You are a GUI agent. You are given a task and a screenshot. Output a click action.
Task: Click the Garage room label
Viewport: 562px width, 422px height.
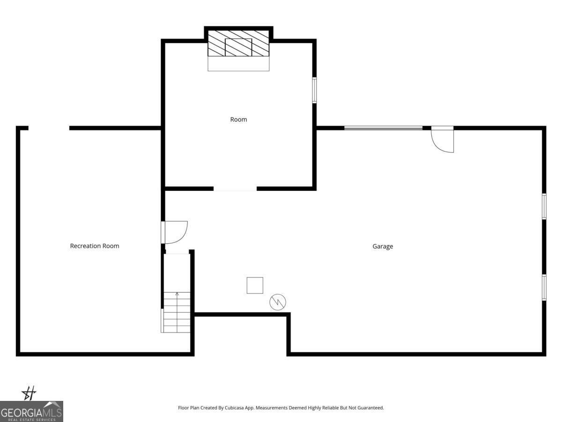click(383, 246)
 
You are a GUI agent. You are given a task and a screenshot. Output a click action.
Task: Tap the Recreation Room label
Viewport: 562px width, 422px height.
click(95, 246)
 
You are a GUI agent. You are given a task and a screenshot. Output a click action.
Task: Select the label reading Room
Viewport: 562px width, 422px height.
click(238, 120)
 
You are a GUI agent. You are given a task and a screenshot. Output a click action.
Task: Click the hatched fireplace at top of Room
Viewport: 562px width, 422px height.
click(238, 44)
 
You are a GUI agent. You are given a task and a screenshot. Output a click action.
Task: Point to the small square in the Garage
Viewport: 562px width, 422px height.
click(255, 285)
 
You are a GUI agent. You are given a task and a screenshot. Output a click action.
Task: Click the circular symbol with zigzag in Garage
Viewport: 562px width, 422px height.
click(278, 302)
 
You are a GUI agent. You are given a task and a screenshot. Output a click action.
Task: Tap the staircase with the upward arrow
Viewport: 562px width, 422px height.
click(177, 312)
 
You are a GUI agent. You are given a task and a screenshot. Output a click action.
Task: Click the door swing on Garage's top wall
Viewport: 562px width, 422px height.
click(443, 140)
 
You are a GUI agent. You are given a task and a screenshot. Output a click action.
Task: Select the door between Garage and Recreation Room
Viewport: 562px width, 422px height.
click(174, 233)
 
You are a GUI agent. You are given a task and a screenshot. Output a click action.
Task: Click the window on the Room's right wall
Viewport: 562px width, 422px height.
click(314, 90)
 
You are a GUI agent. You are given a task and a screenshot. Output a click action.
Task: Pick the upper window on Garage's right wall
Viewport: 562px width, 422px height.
click(544, 206)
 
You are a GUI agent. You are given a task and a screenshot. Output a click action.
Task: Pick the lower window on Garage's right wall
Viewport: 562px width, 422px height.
click(544, 287)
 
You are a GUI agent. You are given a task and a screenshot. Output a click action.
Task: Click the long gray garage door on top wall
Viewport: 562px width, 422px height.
click(383, 128)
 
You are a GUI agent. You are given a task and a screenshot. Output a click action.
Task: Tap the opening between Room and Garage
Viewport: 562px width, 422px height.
click(235, 189)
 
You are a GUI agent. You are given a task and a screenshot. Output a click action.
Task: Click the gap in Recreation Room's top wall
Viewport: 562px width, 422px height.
click(49, 128)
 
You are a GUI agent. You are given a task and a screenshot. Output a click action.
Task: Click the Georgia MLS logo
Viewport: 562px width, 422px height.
click(31, 411)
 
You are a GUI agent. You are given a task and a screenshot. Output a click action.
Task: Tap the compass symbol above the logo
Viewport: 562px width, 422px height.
click(29, 393)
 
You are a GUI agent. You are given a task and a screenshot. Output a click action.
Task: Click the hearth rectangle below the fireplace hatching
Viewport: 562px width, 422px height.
click(238, 64)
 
